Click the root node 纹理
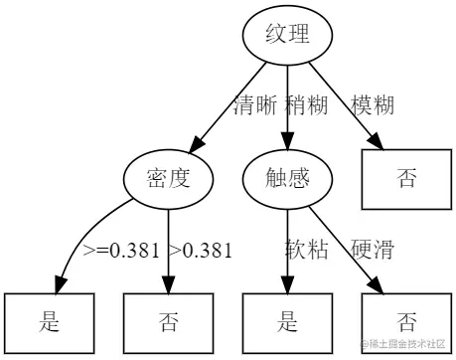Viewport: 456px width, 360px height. pyautogui.click(x=286, y=36)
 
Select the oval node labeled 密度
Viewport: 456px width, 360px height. pyautogui.click(x=168, y=179)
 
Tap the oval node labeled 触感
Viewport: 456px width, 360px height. pyautogui.click(x=286, y=179)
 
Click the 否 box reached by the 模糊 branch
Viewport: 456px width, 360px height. pyautogui.click(x=406, y=179)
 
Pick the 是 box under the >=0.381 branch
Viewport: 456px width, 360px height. pyautogui.click(x=49, y=321)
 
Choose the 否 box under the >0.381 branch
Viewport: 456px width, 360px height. pyautogui.click(x=168, y=321)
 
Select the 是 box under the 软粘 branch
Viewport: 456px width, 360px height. pyautogui.click(x=286, y=321)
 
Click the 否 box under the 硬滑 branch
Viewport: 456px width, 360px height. pyautogui.click(x=406, y=321)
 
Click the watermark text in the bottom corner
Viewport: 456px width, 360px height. pyautogui.click(x=406, y=345)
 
